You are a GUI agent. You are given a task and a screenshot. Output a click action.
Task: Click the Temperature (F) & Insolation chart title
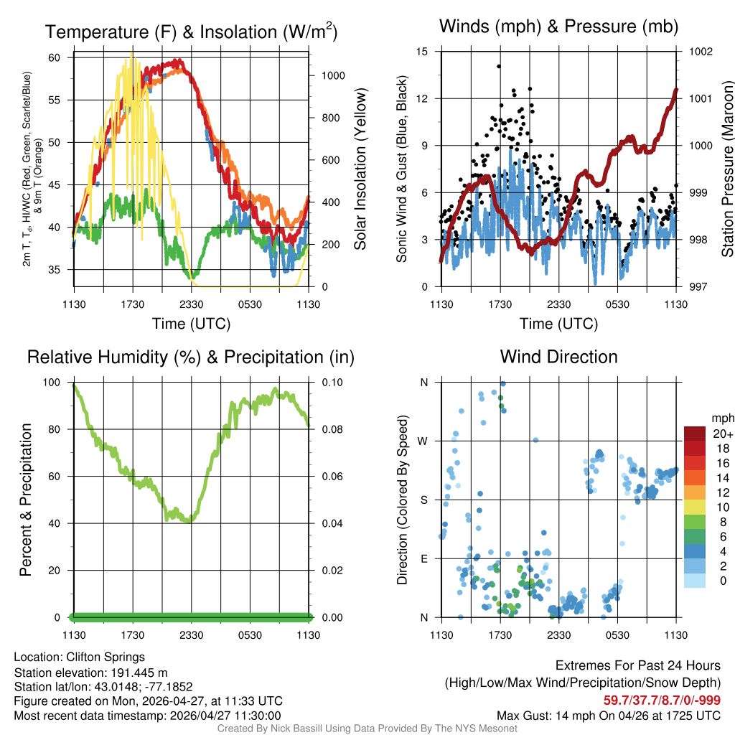click(x=191, y=32)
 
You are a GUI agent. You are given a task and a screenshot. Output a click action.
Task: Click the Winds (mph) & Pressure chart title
click(x=558, y=27)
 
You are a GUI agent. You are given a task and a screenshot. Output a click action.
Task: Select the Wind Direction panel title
click(x=558, y=357)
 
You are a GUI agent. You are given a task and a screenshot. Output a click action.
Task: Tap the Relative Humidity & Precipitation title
click(x=191, y=357)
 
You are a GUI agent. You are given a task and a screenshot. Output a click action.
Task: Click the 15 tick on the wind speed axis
click(x=422, y=52)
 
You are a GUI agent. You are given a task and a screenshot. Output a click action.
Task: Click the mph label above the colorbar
click(x=721, y=417)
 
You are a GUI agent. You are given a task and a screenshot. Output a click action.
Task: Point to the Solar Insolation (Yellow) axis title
click(x=360, y=169)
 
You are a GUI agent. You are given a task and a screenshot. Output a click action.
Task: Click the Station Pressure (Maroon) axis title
click(x=727, y=169)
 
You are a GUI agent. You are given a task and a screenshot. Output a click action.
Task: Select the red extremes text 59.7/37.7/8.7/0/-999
click(x=662, y=700)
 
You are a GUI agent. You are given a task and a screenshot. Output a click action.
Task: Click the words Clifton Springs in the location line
click(x=106, y=657)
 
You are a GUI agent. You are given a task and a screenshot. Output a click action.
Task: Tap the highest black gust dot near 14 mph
click(x=498, y=66)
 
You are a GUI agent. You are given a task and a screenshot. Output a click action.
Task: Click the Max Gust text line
click(x=609, y=716)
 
